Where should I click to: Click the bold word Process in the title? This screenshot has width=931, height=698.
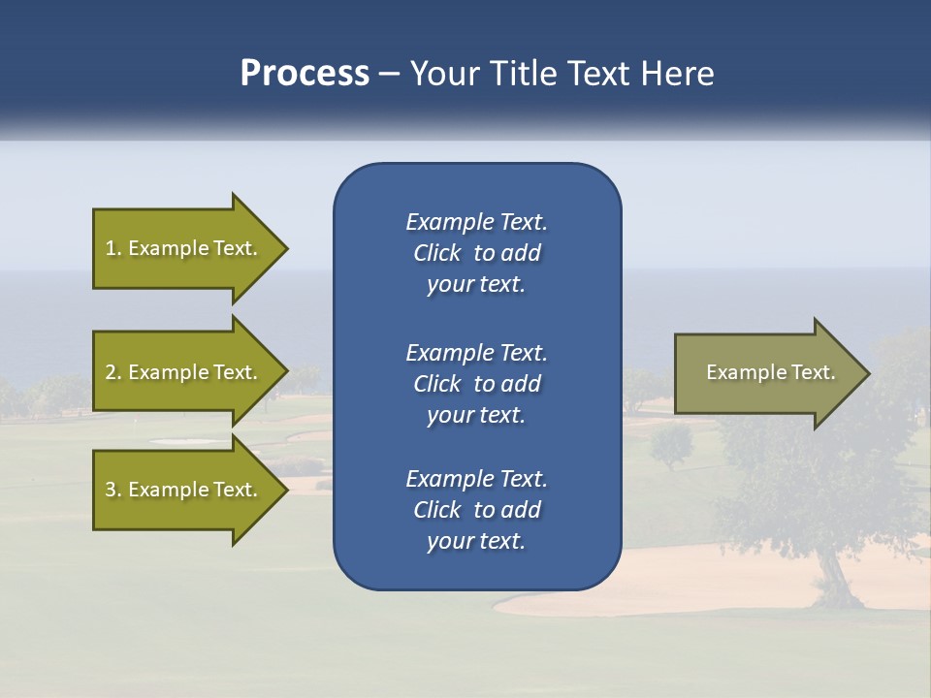pos(305,74)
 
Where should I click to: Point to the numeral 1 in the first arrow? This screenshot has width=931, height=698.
pos(111,248)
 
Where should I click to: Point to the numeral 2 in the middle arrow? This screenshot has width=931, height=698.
pos(111,372)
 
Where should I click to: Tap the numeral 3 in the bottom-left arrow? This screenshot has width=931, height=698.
pos(111,490)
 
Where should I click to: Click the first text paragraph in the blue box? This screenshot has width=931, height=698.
pos(476,253)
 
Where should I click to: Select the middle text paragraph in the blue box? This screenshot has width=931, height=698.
pos(476,383)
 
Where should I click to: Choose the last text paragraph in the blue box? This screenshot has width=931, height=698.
pos(476,510)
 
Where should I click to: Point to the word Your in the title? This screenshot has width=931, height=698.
pos(441,74)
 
